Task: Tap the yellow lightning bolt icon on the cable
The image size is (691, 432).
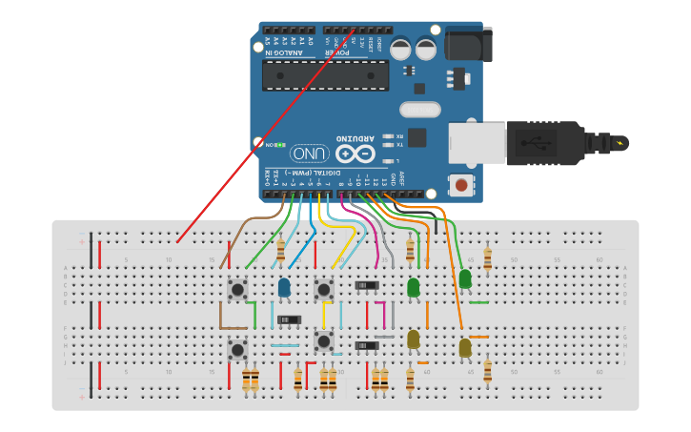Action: (621, 144)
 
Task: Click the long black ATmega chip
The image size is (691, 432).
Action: (325, 75)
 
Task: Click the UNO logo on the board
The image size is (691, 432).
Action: (310, 154)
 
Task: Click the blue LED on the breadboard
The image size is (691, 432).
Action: (284, 287)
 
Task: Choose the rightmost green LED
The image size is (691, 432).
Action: (465, 278)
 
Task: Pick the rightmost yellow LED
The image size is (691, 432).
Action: (465, 348)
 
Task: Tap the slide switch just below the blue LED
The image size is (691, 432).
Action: (289, 319)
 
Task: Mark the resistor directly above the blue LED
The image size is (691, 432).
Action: (280, 251)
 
